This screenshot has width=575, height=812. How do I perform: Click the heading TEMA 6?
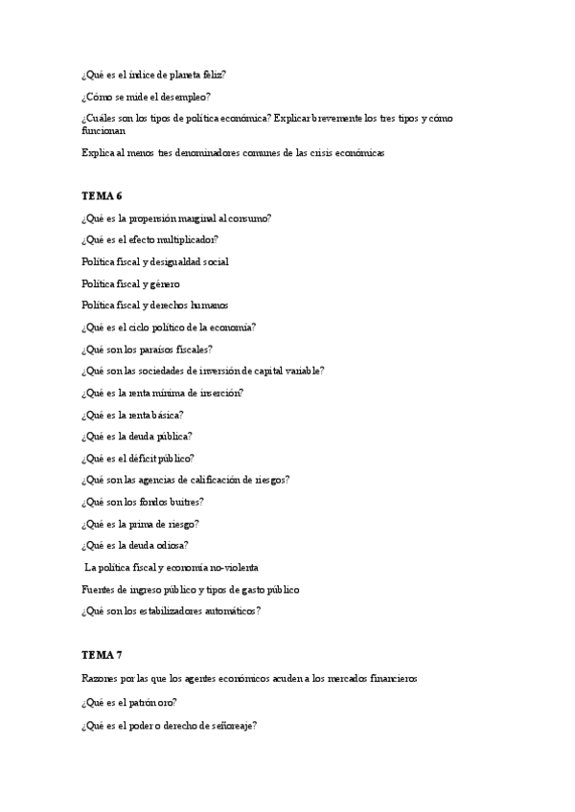coord(102,195)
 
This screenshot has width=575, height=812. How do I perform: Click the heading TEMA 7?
coord(102,655)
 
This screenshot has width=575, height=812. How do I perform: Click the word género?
coord(164,283)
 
